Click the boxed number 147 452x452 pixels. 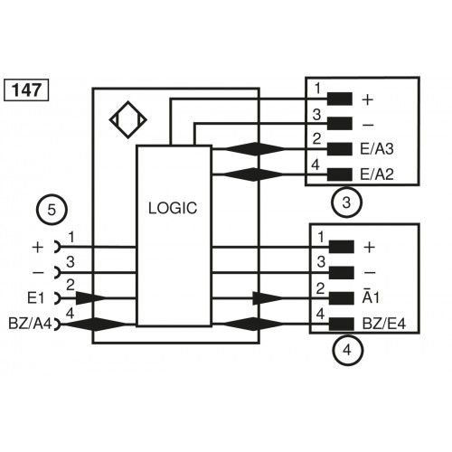[x=27, y=89]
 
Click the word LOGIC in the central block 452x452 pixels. [x=172, y=208]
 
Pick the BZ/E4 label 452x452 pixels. [x=381, y=323]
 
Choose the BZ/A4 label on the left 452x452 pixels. [x=27, y=323]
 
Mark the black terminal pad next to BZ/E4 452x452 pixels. [x=340, y=323]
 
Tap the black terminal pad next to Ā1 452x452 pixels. [x=340, y=297]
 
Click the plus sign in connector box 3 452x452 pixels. [x=367, y=99]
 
